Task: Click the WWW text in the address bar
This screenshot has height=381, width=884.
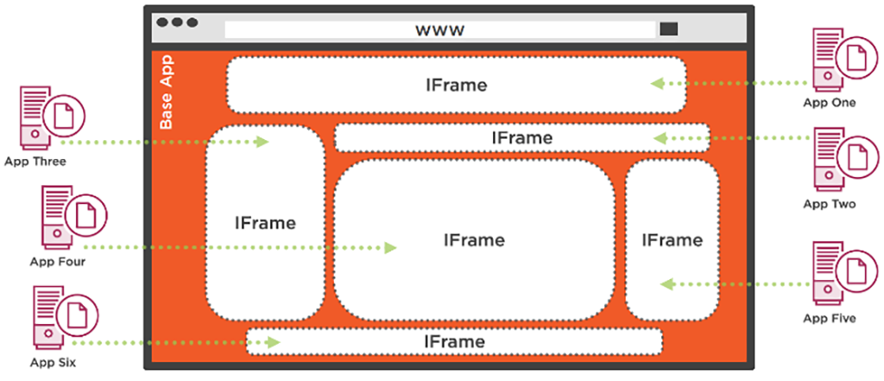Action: pos(440,30)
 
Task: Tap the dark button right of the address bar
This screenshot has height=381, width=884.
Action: pos(668,29)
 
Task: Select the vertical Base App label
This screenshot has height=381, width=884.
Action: pos(166,92)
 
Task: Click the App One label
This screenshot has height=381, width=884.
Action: pos(829,103)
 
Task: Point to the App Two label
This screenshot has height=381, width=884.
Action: pos(829,205)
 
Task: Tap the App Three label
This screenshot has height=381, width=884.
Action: pos(35,161)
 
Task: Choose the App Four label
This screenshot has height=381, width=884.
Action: pos(57,261)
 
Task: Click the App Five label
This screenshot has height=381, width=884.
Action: pos(829,319)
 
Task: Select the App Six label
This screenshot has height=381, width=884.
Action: pos(54,363)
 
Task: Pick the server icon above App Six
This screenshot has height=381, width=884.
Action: pos(47,318)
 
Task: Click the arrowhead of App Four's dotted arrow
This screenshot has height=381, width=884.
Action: pos(390,248)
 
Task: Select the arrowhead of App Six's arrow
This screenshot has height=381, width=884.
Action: pos(274,343)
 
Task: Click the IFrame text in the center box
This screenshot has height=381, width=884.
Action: pos(474,240)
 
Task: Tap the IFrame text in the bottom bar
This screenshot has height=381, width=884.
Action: pos(454,342)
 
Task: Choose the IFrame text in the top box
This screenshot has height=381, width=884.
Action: pos(456,86)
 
